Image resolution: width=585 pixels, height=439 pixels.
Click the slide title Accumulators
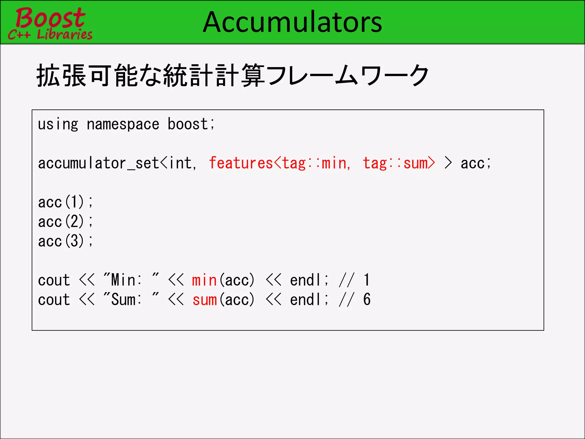pos(292,22)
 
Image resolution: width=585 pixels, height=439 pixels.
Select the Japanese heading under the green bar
pos(233,76)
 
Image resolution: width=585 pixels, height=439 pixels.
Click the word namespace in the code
pos(123,125)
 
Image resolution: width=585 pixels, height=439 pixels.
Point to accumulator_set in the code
pos(98,163)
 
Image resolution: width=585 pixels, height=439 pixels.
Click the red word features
pos(241,163)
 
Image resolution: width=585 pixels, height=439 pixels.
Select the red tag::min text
pos(314,163)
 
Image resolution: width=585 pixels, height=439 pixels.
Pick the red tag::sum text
pos(395,163)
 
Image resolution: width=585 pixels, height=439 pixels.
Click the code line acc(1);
pos(65,202)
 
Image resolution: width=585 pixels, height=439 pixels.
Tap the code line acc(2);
pos(65,222)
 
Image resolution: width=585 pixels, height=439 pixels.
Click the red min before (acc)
pos(204,280)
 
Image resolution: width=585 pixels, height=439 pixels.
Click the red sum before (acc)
pos(205,300)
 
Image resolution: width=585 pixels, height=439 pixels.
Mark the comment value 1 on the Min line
pos(367,280)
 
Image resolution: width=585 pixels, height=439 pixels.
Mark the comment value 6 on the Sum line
pos(367,300)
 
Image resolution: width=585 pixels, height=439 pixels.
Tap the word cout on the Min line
pos(54,280)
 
